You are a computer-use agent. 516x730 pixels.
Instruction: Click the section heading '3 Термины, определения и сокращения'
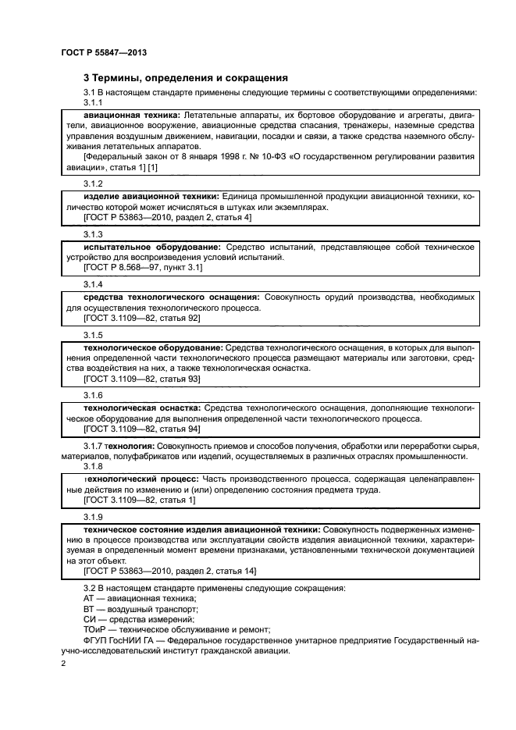click(x=186, y=78)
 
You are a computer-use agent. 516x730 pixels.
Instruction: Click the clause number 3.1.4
click(x=94, y=284)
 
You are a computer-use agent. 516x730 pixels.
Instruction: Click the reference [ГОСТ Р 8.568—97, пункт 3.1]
click(x=143, y=267)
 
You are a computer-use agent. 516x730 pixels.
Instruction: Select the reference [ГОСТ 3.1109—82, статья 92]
click(x=141, y=318)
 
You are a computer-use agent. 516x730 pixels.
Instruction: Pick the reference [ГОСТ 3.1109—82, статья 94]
click(x=141, y=429)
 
